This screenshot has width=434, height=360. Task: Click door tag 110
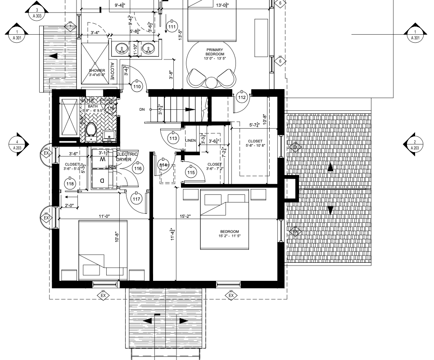pos(137,87)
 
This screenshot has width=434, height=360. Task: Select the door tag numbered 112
pos(242,97)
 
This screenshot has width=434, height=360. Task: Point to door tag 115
pos(191,172)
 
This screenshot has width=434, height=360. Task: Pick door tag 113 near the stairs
pos(172,139)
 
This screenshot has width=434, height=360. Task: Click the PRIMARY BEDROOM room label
pos(215,54)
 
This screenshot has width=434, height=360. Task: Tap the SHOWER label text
pos(97,73)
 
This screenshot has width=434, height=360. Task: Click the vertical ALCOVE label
pos(112,72)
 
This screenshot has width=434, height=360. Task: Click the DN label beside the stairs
pos(142,109)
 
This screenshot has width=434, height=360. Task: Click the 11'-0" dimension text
pos(105,216)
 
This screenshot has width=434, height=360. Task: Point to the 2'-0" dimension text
pos(70,206)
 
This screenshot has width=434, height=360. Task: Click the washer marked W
pos(103,159)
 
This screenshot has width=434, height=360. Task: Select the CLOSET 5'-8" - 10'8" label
pos(254,144)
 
